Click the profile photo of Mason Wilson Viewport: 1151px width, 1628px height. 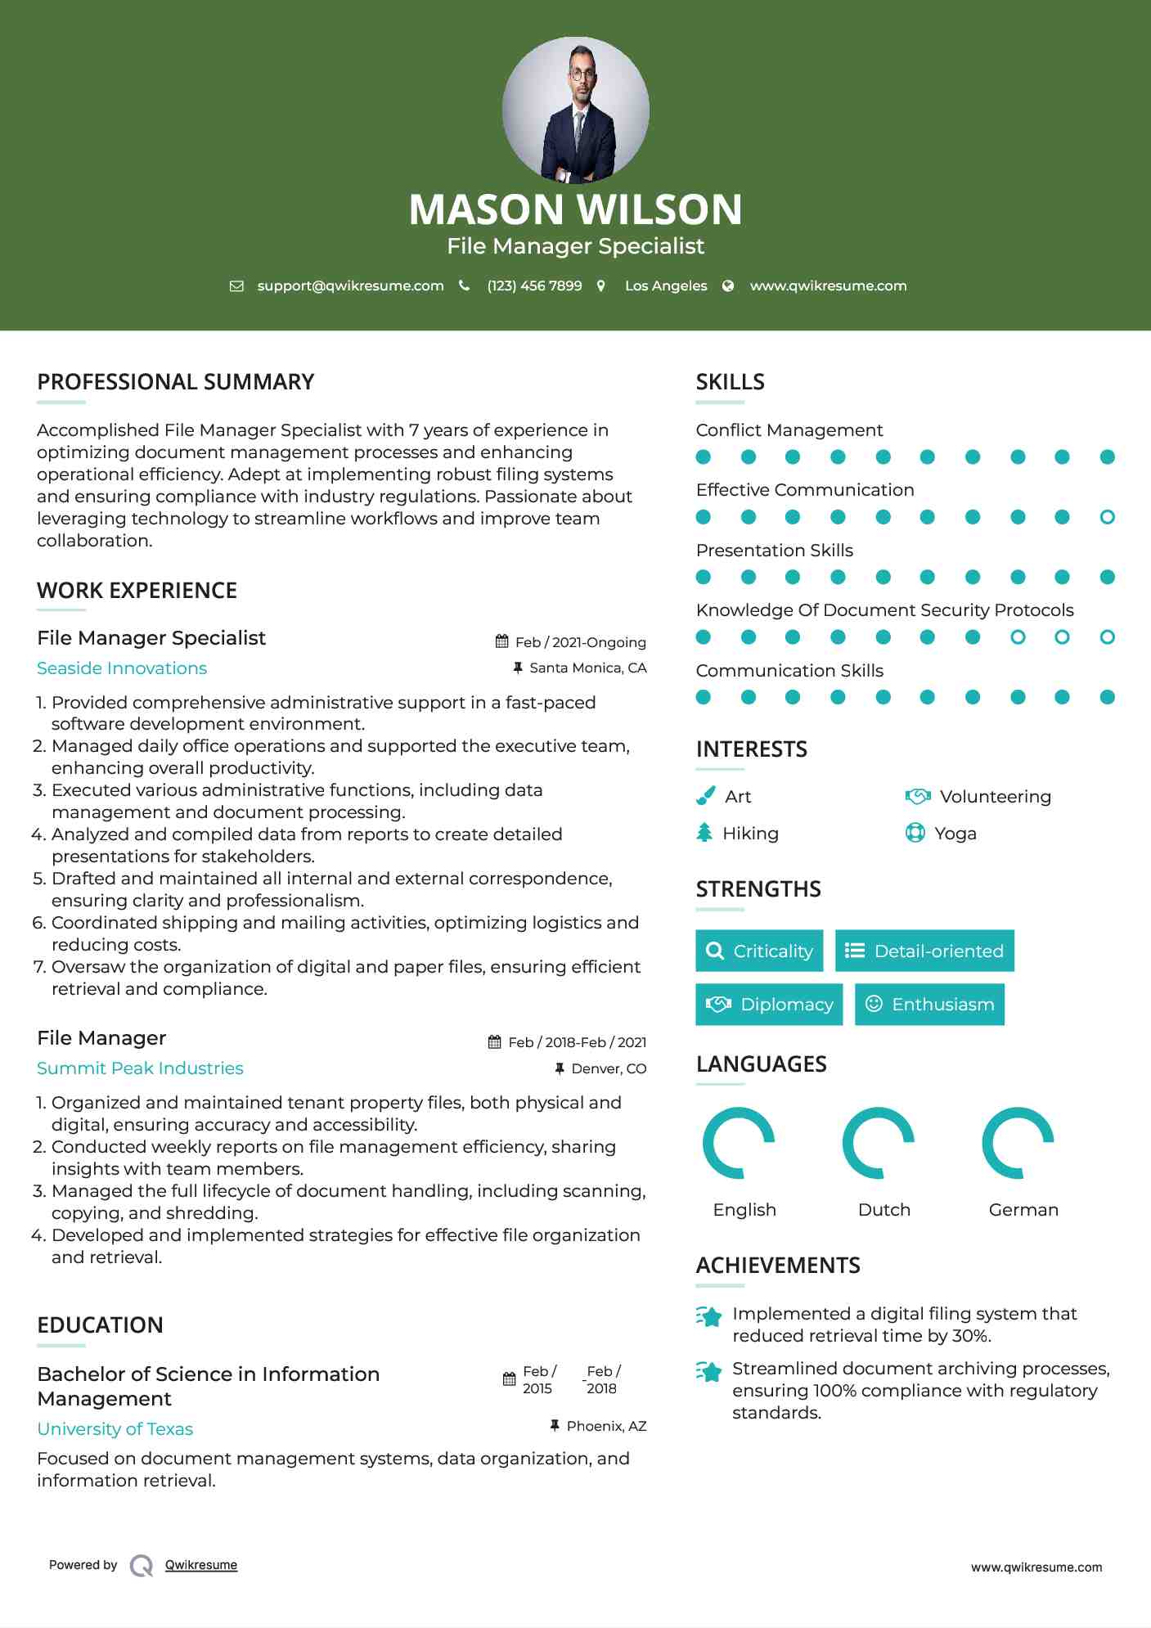575,110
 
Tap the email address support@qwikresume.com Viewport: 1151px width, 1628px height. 350,286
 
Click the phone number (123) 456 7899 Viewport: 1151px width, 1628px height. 534,286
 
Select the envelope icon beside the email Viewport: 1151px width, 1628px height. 236,286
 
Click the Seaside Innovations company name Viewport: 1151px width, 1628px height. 122,668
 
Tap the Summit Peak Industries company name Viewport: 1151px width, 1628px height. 140,1068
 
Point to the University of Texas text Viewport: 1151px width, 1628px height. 115,1429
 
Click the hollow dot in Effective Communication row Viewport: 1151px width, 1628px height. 1107,517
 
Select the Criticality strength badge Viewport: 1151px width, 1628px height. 759,951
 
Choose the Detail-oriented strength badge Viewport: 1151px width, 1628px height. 924,951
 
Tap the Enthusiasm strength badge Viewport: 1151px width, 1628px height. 929,1005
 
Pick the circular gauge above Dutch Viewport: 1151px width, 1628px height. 879,1143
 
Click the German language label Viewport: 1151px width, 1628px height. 1023,1210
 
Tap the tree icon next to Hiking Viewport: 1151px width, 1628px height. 704,833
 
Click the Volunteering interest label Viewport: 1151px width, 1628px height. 995,797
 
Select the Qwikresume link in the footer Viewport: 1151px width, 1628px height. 201,1565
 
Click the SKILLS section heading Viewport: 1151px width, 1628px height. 730,382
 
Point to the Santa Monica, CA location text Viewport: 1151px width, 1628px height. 587,668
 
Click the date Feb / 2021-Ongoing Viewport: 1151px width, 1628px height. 580,642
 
